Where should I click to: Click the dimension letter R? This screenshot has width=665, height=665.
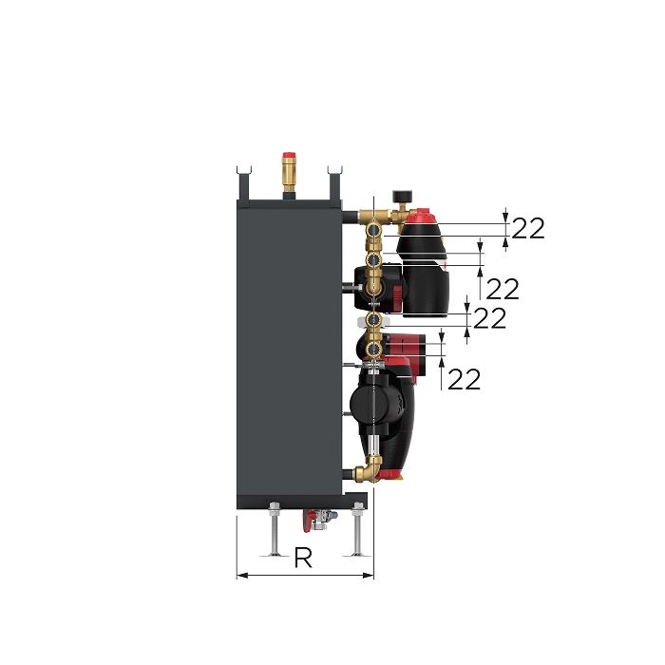pos(303,559)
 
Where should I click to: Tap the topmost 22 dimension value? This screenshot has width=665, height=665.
pos(528,228)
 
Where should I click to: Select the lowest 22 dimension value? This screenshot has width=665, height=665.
pos(464,379)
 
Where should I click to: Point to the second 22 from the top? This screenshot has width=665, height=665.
pos(503,289)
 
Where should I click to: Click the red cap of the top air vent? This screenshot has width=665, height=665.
pos(289,155)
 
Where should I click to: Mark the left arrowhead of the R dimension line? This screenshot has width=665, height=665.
pos(239,574)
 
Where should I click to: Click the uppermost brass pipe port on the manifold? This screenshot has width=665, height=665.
pos(374,227)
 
